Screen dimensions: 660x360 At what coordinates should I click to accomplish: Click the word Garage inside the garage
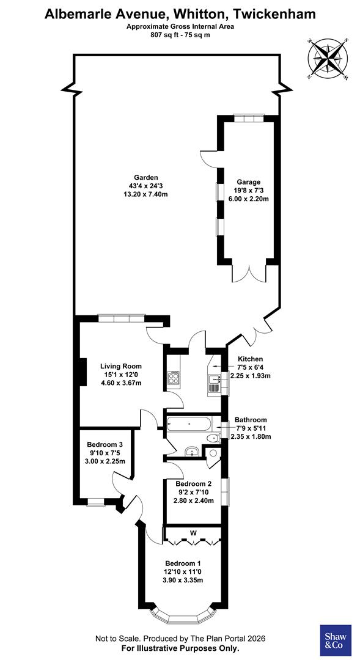(249, 182)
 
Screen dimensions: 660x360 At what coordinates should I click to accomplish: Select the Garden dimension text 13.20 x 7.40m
(145, 194)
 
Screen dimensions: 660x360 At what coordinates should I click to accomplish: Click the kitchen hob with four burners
(172, 378)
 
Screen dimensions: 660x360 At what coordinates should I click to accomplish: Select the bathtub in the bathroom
(189, 423)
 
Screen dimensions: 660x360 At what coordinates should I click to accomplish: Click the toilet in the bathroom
(213, 439)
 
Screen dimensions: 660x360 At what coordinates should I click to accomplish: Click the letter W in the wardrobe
(193, 533)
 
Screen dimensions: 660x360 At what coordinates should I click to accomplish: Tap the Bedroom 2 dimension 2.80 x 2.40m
(191, 501)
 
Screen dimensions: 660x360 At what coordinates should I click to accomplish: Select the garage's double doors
(249, 274)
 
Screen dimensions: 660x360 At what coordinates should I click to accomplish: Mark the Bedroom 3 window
(96, 502)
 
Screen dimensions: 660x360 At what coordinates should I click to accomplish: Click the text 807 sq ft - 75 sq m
(180, 35)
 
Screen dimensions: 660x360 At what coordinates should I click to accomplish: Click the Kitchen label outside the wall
(251, 359)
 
